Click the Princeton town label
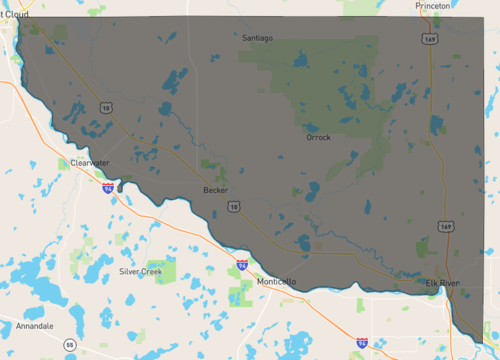(433, 5)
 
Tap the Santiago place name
(258, 38)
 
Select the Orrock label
(318, 137)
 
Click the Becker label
(215, 189)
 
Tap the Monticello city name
(276, 282)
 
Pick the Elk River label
(444, 283)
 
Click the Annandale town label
(34, 326)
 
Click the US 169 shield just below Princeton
(429, 39)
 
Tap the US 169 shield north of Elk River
(446, 227)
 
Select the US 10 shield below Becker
(232, 206)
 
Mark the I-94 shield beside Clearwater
(107, 187)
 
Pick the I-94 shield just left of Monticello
(242, 265)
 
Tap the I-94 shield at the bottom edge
(361, 342)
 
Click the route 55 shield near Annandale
(69, 345)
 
